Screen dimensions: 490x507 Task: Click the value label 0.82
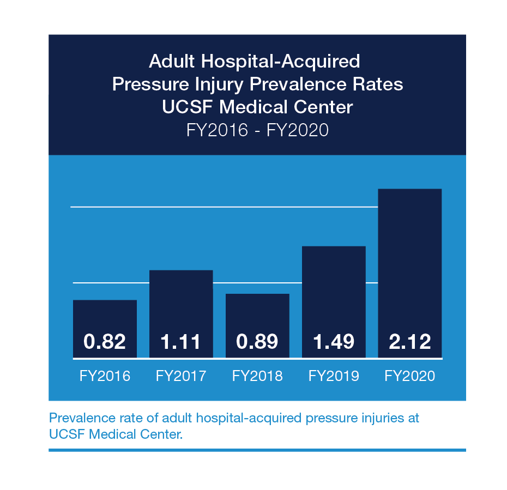[105, 342]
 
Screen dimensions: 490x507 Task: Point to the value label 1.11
[181, 342]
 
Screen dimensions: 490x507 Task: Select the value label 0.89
[257, 342]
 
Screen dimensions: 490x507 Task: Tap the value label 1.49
[334, 342]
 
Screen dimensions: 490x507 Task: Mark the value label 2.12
[410, 342]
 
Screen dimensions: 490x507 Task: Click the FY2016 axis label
[105, 376]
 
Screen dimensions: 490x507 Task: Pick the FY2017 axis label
[181, 376]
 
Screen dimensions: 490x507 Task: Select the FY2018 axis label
[257, 376]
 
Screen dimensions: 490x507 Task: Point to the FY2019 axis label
[334, 376]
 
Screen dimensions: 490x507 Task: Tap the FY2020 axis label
[410, 376]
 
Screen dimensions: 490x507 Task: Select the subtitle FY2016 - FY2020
[257, 131]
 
